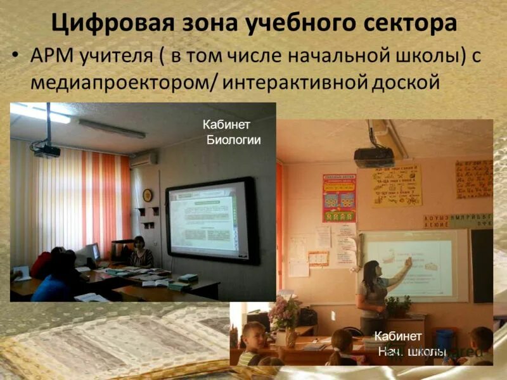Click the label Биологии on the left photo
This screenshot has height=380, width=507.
[233, 140]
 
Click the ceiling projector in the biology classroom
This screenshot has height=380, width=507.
[47, 150]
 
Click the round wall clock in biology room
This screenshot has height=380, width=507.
[148, 195]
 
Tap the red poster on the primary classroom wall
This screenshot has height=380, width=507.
[339, 198]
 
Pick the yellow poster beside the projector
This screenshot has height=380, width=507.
[397, 185]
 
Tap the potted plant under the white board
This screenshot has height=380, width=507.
[398, 307]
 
